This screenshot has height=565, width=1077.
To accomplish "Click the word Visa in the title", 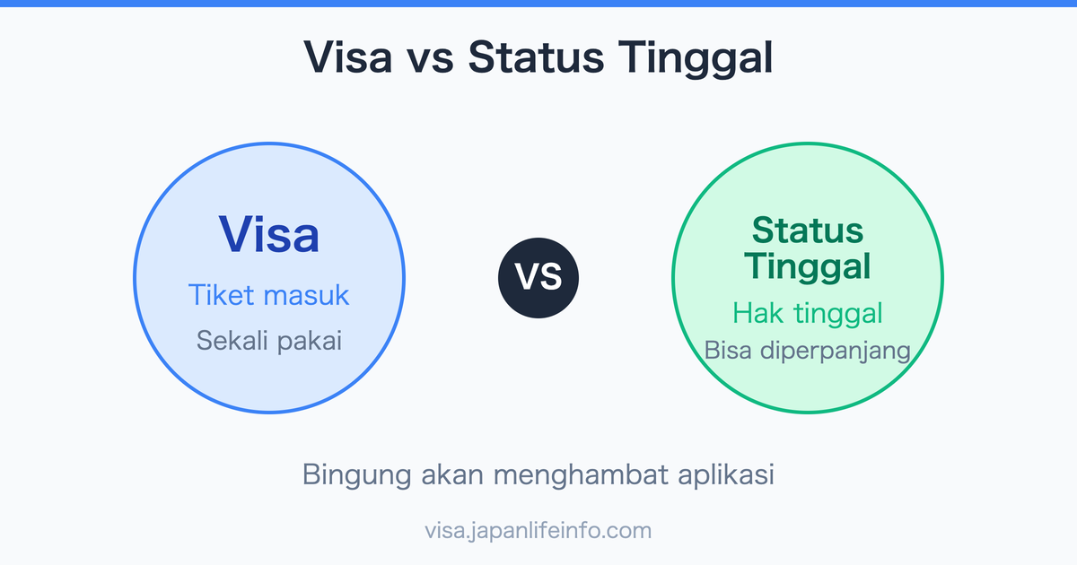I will point(347,58).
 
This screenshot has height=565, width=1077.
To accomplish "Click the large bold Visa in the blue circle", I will point(269,234).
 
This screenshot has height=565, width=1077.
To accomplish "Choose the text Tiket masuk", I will point(269,294).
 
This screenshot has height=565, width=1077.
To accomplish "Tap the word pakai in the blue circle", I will point(308,342).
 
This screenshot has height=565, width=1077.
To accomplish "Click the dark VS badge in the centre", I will point(538,278).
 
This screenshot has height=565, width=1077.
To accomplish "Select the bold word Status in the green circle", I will point(808,230).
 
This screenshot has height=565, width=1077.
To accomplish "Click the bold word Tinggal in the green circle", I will point(808,266).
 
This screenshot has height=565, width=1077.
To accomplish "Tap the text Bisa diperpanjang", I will point(808,351).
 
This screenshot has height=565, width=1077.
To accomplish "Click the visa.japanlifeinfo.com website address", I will point(538,530).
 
